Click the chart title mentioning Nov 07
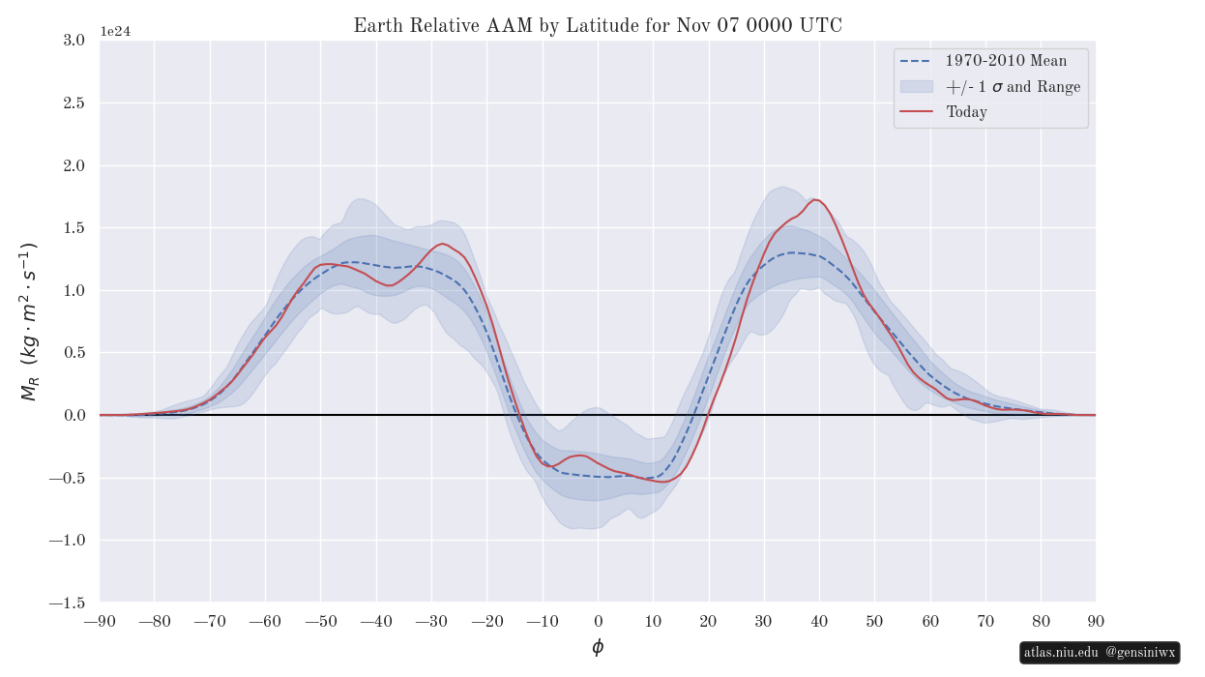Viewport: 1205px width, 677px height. point(598,26)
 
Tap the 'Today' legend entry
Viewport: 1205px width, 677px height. point(966,112)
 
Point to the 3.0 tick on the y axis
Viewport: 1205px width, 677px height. point(73,40)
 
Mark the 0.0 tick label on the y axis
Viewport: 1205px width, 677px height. point(73,416)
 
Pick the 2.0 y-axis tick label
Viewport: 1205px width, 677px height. point(73,165)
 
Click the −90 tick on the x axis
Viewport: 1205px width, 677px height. point(100,621)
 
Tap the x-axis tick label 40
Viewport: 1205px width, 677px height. point(819,621)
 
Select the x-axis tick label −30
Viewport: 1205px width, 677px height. point(431,621)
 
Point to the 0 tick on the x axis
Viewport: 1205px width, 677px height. point(598,621)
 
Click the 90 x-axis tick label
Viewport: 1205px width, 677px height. point(1096,621)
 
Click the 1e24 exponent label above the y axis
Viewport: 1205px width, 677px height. point(115,31)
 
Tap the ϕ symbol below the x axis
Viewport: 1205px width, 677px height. point(598,647)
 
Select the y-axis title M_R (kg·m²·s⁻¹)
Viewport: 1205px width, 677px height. point(29,322)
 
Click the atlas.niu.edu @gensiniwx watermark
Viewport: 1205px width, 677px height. point(1100,653)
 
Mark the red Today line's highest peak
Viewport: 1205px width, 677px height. point(815,199)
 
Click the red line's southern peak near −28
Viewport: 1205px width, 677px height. point(443,244)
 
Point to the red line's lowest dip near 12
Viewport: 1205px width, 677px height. point(665,482)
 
